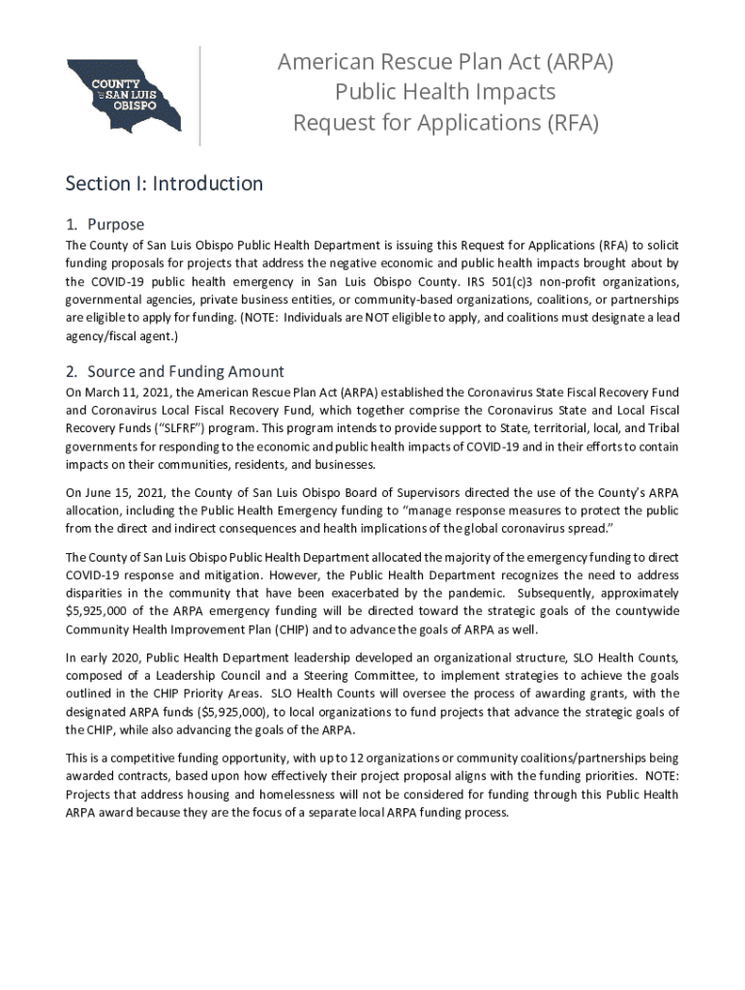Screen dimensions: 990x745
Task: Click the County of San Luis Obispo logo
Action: point(123,95)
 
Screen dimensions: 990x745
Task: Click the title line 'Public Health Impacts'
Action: point(445,93)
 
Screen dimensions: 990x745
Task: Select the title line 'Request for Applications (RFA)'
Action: point(446,124)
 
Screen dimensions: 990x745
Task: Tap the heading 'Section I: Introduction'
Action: point(164,184)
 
